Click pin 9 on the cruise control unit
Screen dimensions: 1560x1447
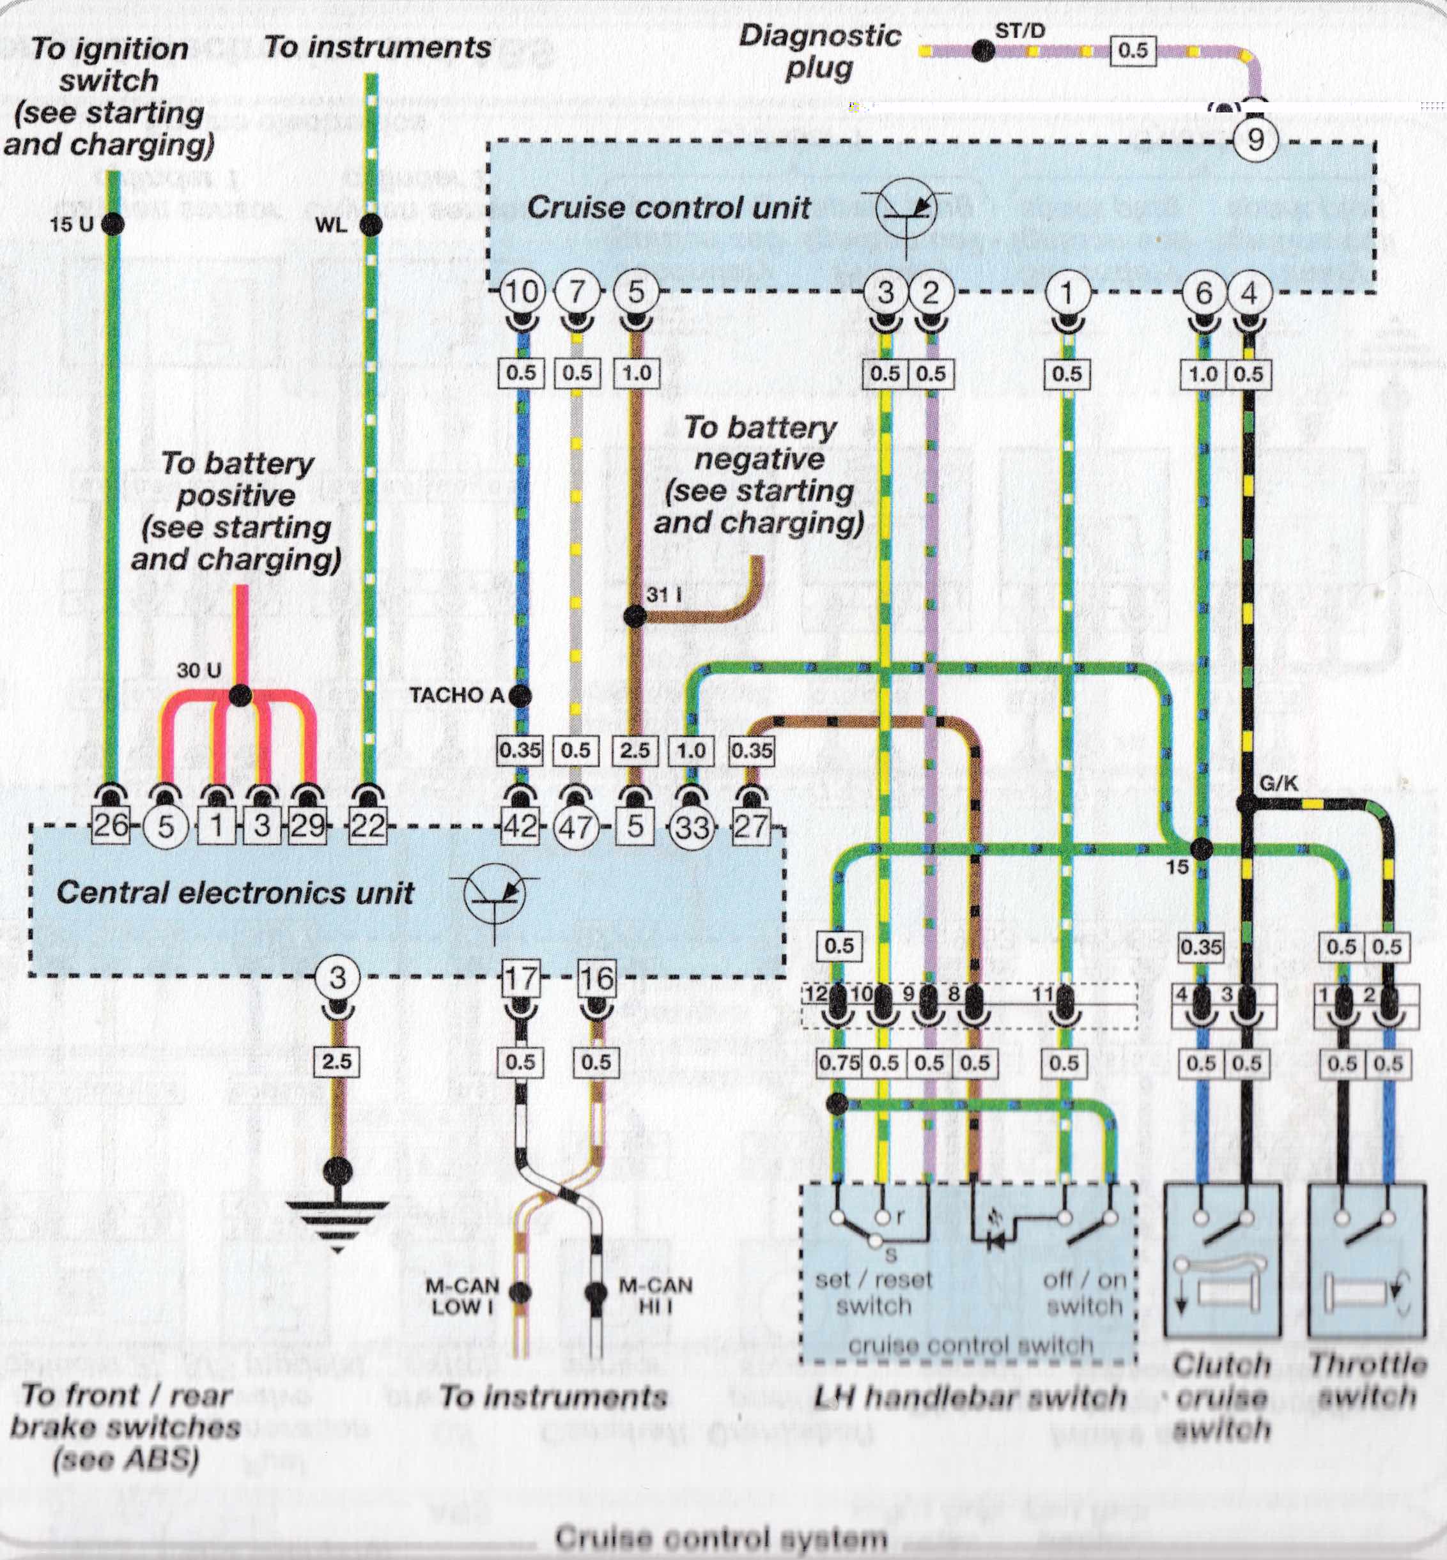pos(1255,140)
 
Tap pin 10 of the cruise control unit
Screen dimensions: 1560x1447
pos(522,292)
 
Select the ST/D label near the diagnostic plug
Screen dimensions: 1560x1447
pos(1019,31)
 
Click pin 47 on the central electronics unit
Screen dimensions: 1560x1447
pos(576,827)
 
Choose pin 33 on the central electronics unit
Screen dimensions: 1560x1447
pos(692,827)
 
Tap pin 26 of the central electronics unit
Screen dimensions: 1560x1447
pos(111,825)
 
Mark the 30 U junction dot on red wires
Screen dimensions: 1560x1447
pos(240,695)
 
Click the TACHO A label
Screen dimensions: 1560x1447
pos(456,695)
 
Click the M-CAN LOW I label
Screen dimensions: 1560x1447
pos(462,1296)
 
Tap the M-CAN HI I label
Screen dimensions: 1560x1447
pos(655,1296)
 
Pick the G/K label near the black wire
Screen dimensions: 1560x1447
pos(1280,782)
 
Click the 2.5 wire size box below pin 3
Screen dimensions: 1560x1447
pos(337,1062)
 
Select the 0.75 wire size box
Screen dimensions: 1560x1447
pos(839,1063)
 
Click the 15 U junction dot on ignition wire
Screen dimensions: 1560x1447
pos(112,225)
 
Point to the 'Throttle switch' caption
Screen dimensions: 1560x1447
pos(1367,1380)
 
